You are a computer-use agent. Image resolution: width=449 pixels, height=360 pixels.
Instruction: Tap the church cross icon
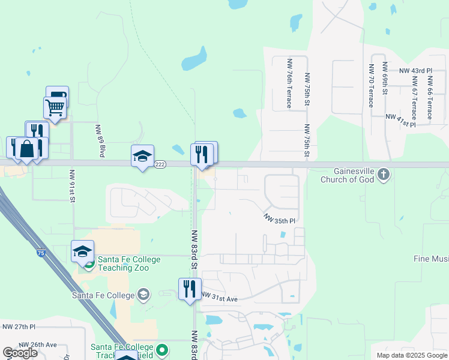(384, 175)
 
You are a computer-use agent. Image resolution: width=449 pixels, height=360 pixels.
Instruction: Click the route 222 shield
(160, 164)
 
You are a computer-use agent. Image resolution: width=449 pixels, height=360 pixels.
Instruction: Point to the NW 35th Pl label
(280, 220)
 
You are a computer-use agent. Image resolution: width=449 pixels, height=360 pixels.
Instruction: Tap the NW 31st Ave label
(220, 297)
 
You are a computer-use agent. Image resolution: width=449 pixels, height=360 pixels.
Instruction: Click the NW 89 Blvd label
(100, 140)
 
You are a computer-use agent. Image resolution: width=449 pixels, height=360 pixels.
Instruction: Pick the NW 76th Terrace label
(289, 83)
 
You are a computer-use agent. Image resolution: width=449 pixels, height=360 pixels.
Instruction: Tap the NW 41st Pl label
(400, 120)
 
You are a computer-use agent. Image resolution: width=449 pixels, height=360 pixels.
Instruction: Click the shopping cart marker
(55, 108)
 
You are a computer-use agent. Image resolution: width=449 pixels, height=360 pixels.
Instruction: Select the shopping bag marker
(27, 148)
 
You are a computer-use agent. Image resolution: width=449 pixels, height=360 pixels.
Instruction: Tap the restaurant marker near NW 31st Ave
(190, 289)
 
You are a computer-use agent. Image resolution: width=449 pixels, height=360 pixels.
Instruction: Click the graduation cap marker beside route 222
(142, 156)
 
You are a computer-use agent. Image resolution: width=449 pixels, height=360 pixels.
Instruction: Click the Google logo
(20, 353)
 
